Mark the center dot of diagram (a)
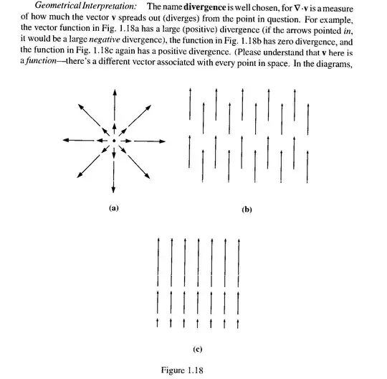pyautogui.click(x=113, y=140)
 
